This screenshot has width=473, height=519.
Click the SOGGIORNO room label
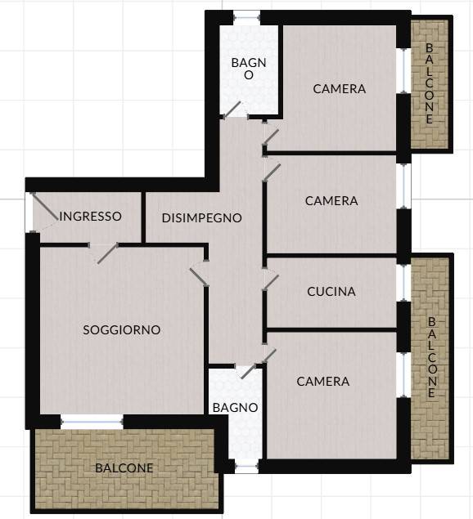click(x=122, y=329)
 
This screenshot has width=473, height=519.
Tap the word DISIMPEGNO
click(x=202, y=217)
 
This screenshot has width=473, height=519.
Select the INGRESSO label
click(x=91, y=216)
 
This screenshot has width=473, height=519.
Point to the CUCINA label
click(x=331, y=291)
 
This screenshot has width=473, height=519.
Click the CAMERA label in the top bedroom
click(x=340, y=89)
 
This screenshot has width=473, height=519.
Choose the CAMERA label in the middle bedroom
click(x=331, y=201)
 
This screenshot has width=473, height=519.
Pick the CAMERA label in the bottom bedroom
click(x=323, y=382)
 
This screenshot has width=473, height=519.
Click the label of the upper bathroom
click(x=249, y=69)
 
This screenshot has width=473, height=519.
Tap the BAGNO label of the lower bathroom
click(x=236, y=408)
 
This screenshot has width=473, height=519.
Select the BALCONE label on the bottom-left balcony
click(x=124, y=468)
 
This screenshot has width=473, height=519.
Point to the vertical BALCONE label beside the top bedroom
click(x=430, y=83)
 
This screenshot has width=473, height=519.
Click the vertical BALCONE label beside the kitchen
click(x=432, y=357)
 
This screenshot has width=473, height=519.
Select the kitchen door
click(x=271, y=282)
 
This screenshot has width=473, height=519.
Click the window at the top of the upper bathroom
click(x=246, y=17)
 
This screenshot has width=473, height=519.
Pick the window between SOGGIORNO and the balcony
click(x=92, y=422)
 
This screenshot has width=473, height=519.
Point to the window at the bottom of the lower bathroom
click(x=246, y=467)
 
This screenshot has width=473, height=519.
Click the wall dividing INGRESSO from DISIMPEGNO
click(x=143, y=217)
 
